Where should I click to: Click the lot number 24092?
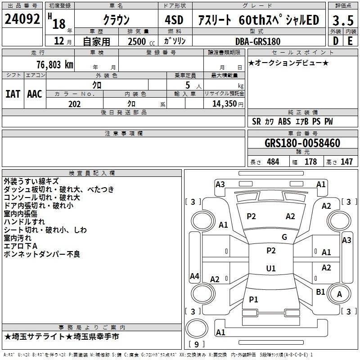pos(22,19)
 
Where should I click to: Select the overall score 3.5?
pos(343,21)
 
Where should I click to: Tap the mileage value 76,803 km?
pos(55,64)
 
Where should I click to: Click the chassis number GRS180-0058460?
pos(302,143)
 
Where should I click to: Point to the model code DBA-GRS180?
pos(258,41)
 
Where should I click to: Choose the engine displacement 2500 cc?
pos(141,41)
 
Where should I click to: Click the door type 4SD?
pos(174,20)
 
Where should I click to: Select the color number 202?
pos(74,104)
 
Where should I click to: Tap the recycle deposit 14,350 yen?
pos(228,104)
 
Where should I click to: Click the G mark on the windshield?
pos(284,237)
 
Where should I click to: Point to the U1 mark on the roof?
pos(271,268)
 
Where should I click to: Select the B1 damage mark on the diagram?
pos(320,292)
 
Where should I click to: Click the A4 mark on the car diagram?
pos(194,276)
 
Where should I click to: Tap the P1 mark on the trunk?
pos(253,299)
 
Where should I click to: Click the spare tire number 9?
pos(197,344)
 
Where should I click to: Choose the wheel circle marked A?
pos(339,294)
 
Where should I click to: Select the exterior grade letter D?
pos(335,41)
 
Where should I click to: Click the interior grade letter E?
pos(350,41)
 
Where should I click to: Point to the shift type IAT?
pos(13,94)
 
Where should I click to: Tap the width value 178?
pos(310,162)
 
